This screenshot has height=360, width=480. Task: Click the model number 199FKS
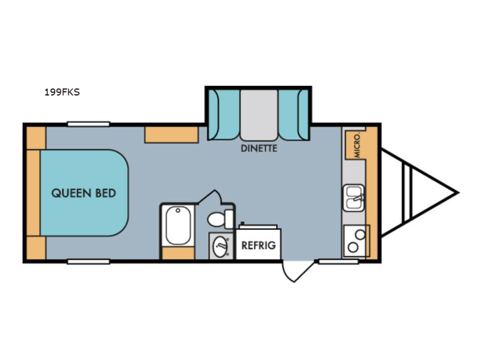tap(62, 92)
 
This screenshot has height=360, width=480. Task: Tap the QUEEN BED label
tap(83, 193)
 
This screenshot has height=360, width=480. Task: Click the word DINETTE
tap(259, 148)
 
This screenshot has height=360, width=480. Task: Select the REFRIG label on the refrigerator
tap(259, 245)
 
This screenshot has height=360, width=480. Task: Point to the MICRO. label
tap(357, 146)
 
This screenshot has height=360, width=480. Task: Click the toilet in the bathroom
tap(220, 218)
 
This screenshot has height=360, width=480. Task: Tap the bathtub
tap(178, 226)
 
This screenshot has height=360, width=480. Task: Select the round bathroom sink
tap(220, 246)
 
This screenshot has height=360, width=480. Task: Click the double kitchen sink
tap(353, 198)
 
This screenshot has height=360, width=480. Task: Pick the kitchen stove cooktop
tap(356, 241)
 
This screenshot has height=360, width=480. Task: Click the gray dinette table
tap(259, 115)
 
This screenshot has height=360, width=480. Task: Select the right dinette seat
tap(293, 115)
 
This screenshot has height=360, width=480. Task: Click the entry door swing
tap(297, 271)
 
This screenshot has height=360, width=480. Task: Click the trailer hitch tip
tap(458, 193)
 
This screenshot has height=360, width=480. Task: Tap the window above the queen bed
tap(88, 124)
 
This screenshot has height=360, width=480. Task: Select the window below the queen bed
tap(88, 262)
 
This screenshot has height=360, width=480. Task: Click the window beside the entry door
tap(338, 262)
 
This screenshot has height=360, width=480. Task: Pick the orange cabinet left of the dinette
tap(172, 134)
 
